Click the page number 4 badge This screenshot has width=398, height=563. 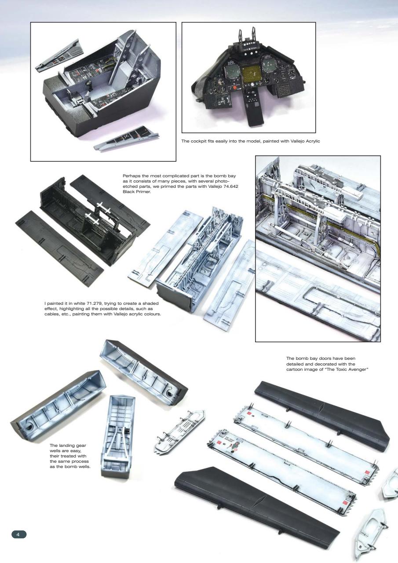point(18,534)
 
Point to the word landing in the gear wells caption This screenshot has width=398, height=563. point(71,446)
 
